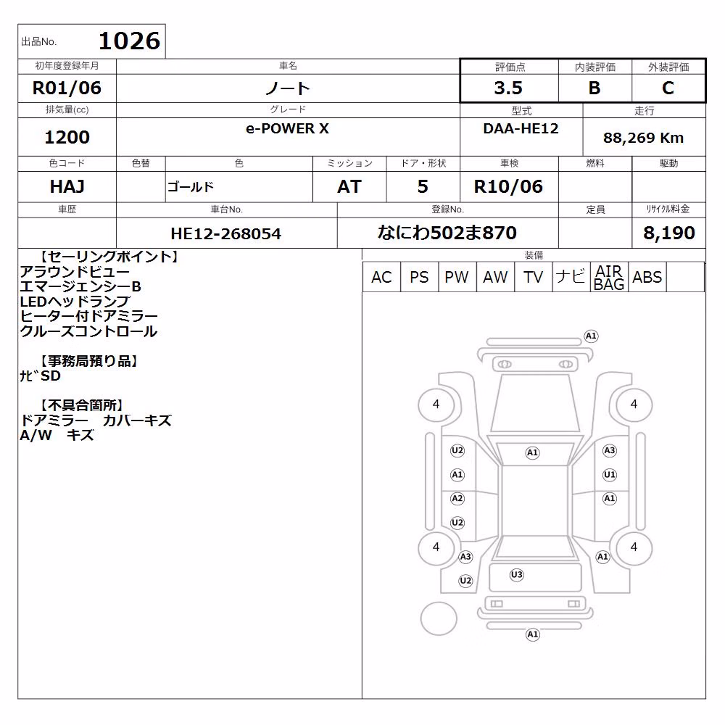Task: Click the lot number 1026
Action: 130,41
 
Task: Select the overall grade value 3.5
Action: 508,88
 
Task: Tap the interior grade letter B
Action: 594,88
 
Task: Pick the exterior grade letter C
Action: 668,88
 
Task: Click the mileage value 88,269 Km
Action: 643,138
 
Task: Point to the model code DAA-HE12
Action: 521,128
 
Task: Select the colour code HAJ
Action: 67,186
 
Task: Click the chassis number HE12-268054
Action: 225,233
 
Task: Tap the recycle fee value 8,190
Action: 669,233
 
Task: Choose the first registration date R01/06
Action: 67,88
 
